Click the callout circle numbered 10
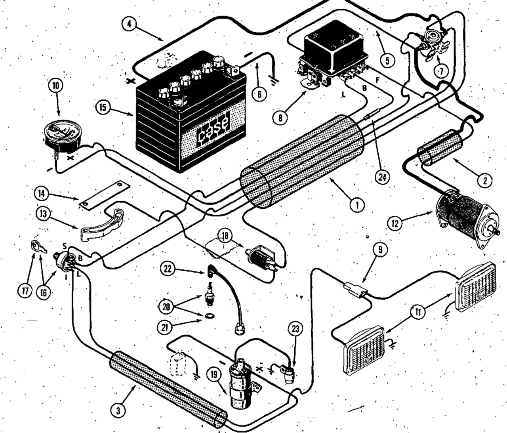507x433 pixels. (x=56, y=86)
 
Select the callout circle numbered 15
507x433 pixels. (x=103, y=107)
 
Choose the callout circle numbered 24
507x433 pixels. (x=382, y=177)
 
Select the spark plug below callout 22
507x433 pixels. (x=209, y=294)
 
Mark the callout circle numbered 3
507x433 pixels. (x=118, y=410)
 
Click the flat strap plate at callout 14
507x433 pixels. (x=105, y=196)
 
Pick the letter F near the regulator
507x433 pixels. (x=378, y=80)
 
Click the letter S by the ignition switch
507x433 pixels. (x=65, y=246)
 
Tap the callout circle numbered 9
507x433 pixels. (x=380, y=250)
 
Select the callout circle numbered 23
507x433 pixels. (x=295, y=328)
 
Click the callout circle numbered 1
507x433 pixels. (x=357, y=204)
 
